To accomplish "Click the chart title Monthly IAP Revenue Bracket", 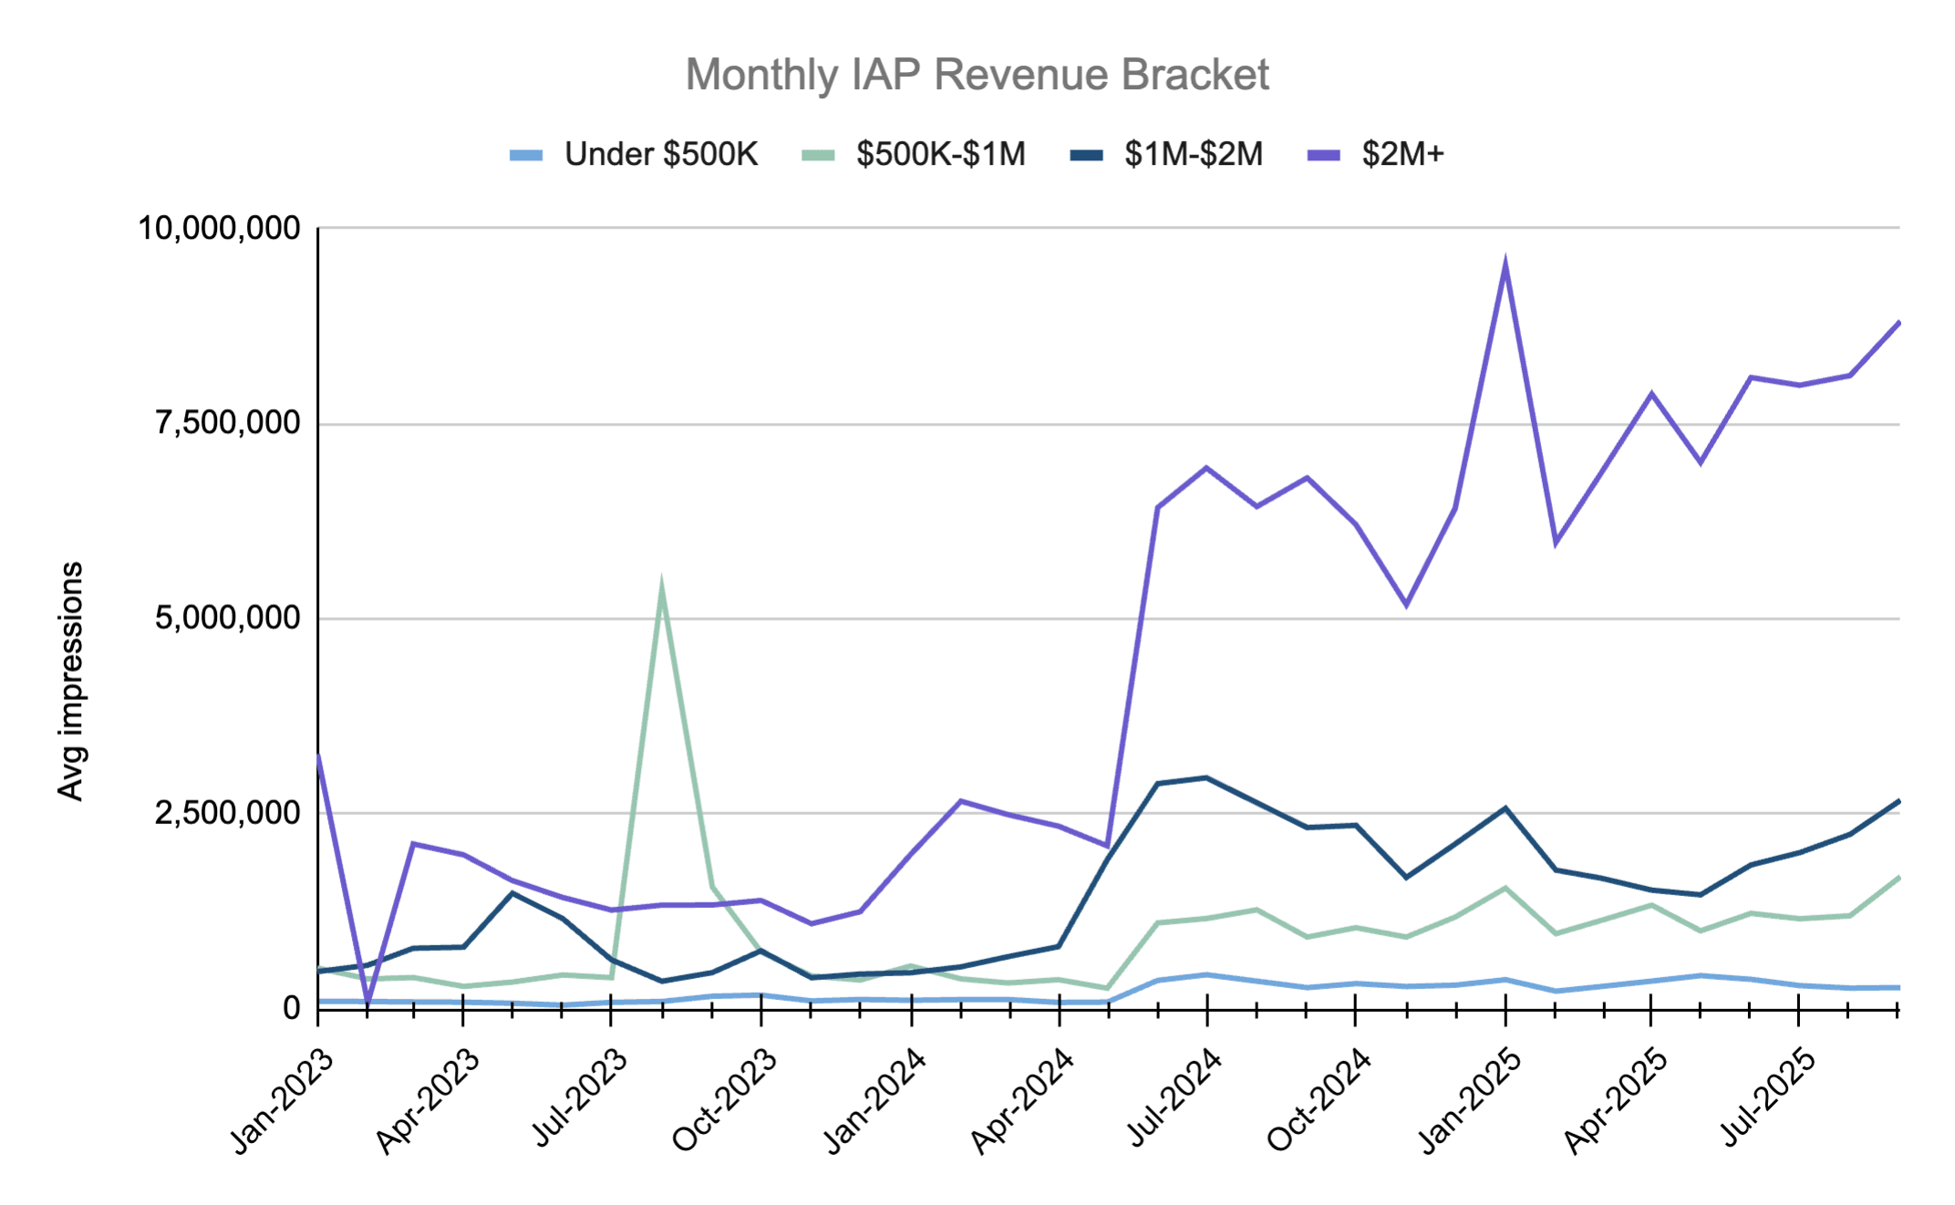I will coord(977,75).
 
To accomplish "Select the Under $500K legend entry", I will coord(660,154).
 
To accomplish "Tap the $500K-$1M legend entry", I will coord(940,154).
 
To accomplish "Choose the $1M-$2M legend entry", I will coord(1193,154).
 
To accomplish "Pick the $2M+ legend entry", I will coord(1402,154).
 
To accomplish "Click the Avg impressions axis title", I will coord(70,681).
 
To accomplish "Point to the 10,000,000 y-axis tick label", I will coord(219,228).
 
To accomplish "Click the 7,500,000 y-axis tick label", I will coord(227,423).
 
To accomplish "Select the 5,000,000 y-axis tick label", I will coord(227,618).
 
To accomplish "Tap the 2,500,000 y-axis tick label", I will coord(227,812).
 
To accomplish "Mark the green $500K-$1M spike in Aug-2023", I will coord(661,585).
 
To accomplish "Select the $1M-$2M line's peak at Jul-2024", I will coord(1207,778).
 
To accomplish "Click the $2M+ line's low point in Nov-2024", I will coord(1406,604).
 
